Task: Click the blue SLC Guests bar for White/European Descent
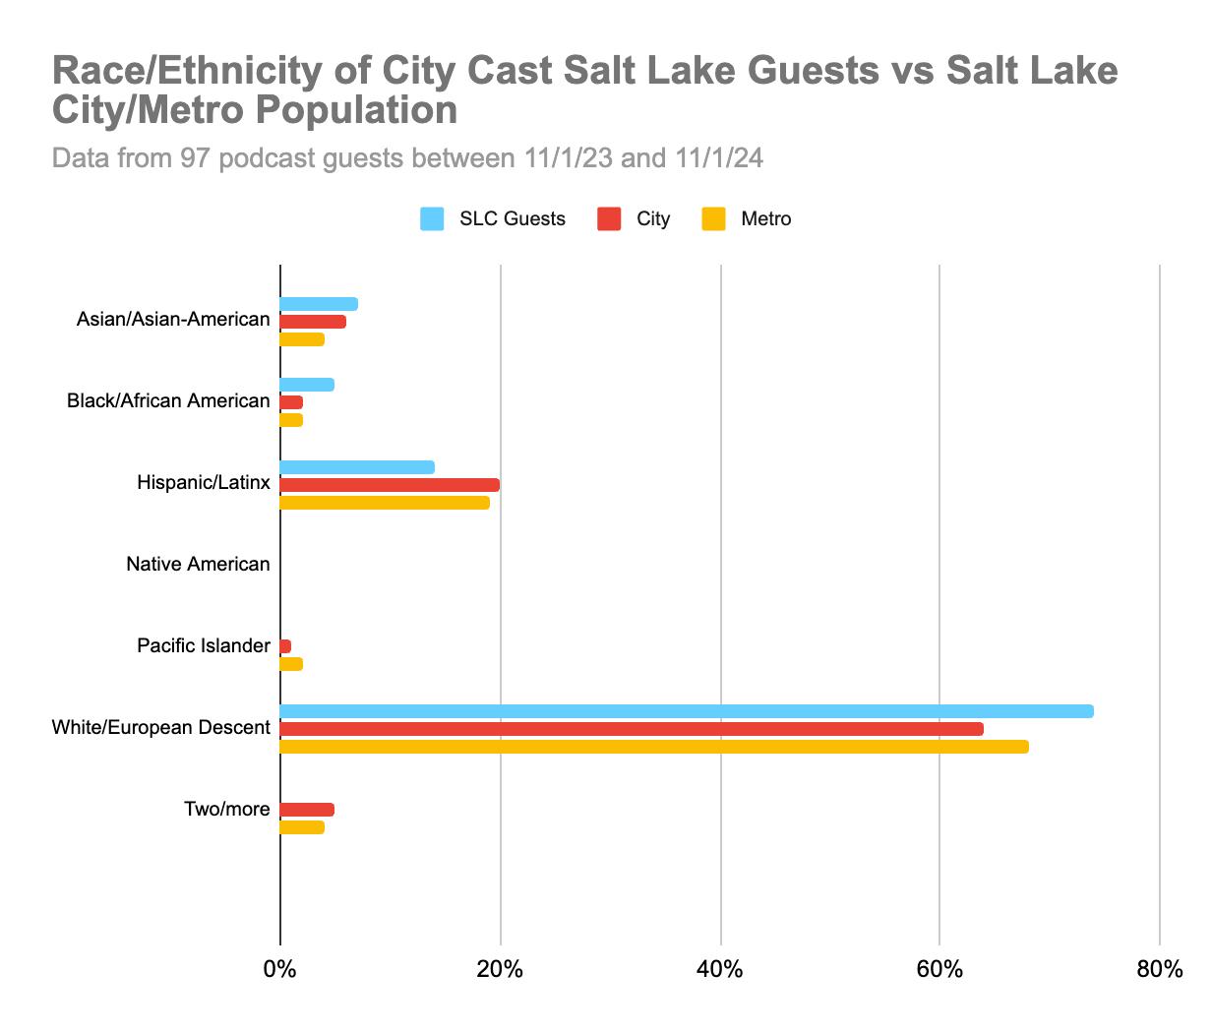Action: (687, 711)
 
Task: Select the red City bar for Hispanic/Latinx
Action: (390, 485)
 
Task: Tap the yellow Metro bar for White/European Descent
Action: (654, 747)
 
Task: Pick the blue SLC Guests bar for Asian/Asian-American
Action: (319, 304)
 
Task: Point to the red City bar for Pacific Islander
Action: (286, 646)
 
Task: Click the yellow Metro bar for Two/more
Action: (302, 827)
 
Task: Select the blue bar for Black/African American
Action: (307, 385)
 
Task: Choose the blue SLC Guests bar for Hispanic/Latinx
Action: (357, 467)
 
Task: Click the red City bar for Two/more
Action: (307, 810)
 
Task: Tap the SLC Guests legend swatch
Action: (432, 219)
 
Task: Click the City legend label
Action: (653, 219)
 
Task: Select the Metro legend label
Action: (765, 219)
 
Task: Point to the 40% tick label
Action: (720, 970)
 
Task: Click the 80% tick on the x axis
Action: (1159, 970)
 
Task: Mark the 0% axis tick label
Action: (280, 970)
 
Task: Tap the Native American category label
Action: (198, 565)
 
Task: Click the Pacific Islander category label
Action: (204, 646)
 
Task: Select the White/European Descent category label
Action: (160, 728)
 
